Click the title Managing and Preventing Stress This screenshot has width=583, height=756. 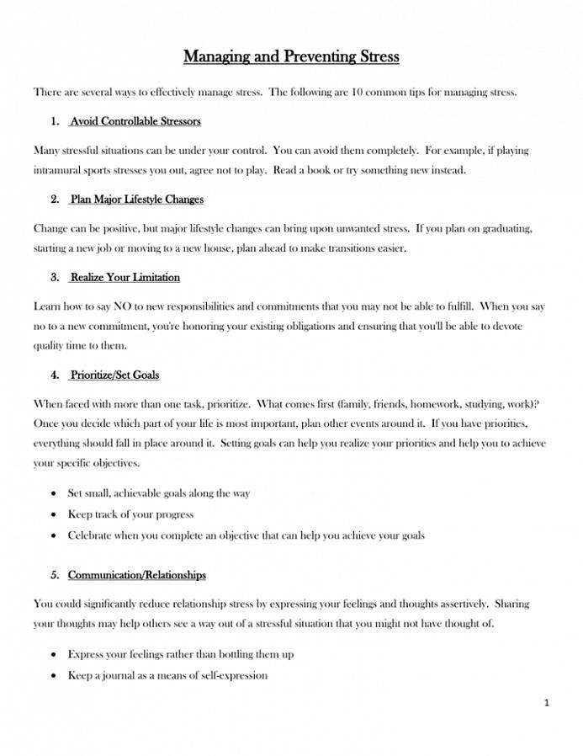[291, 57]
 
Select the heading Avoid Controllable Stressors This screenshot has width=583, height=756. [135, 121]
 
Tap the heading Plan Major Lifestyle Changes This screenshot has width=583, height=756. [136, 200]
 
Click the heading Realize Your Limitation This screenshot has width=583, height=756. [125, 277]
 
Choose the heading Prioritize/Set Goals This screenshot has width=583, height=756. [114, 375]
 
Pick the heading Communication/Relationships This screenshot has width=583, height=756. [136, 575]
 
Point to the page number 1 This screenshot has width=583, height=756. [546, 702]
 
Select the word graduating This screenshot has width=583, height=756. [503, 228]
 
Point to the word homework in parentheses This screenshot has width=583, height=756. [401, 404]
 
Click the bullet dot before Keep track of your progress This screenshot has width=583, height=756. [55, 514]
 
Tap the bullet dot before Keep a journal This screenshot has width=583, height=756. [55, 675]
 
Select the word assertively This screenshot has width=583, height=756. [459, 604]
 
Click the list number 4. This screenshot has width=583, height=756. [55, 375]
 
